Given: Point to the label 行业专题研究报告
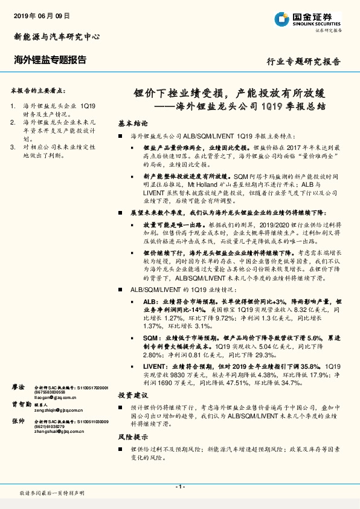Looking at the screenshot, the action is pyautogui.click(x=303, y=62).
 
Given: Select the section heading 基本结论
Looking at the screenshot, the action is pyautogui.click(x=133, y=122).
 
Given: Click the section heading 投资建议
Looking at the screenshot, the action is pyautogui.click(x=133, y=394).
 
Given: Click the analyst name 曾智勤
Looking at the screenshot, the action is pyautogui.click(x=21, y=404).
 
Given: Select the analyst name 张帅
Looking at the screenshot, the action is pyautogui.click(x=19, y=421).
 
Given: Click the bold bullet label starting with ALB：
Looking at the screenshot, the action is pyautogui.click(x=150, y=300).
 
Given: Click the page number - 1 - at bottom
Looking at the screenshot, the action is pyautogui.click(x=179, y=487).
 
